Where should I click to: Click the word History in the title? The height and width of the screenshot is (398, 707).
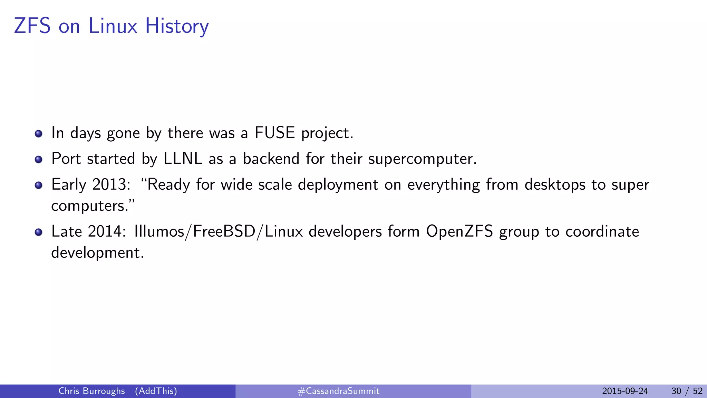pos(177,26)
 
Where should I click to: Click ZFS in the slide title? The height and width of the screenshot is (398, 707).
pos(32,26)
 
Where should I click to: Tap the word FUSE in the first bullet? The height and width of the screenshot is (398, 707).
pos(274,133)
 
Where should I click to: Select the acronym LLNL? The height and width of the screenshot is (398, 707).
pos(183,159)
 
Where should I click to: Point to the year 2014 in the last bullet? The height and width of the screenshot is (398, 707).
pos(105,231)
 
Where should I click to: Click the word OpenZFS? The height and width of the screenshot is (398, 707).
pos(459,231)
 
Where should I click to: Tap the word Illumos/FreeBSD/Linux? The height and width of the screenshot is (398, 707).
pos(218,231)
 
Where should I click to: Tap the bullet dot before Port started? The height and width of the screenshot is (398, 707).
pos(38,159)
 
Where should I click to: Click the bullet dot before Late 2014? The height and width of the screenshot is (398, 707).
pos(38,232)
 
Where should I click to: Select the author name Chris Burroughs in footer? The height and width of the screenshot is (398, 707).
pos(91,391)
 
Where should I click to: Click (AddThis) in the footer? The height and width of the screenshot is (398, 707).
pos(156,391)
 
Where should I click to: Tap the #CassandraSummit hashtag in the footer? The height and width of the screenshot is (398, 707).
pos(338,391)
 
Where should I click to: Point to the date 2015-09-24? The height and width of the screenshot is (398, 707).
pos(625,391)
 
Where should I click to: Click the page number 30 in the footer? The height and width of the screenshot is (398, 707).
pos(676,391)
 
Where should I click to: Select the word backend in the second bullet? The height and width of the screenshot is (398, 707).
pos(271,159)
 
